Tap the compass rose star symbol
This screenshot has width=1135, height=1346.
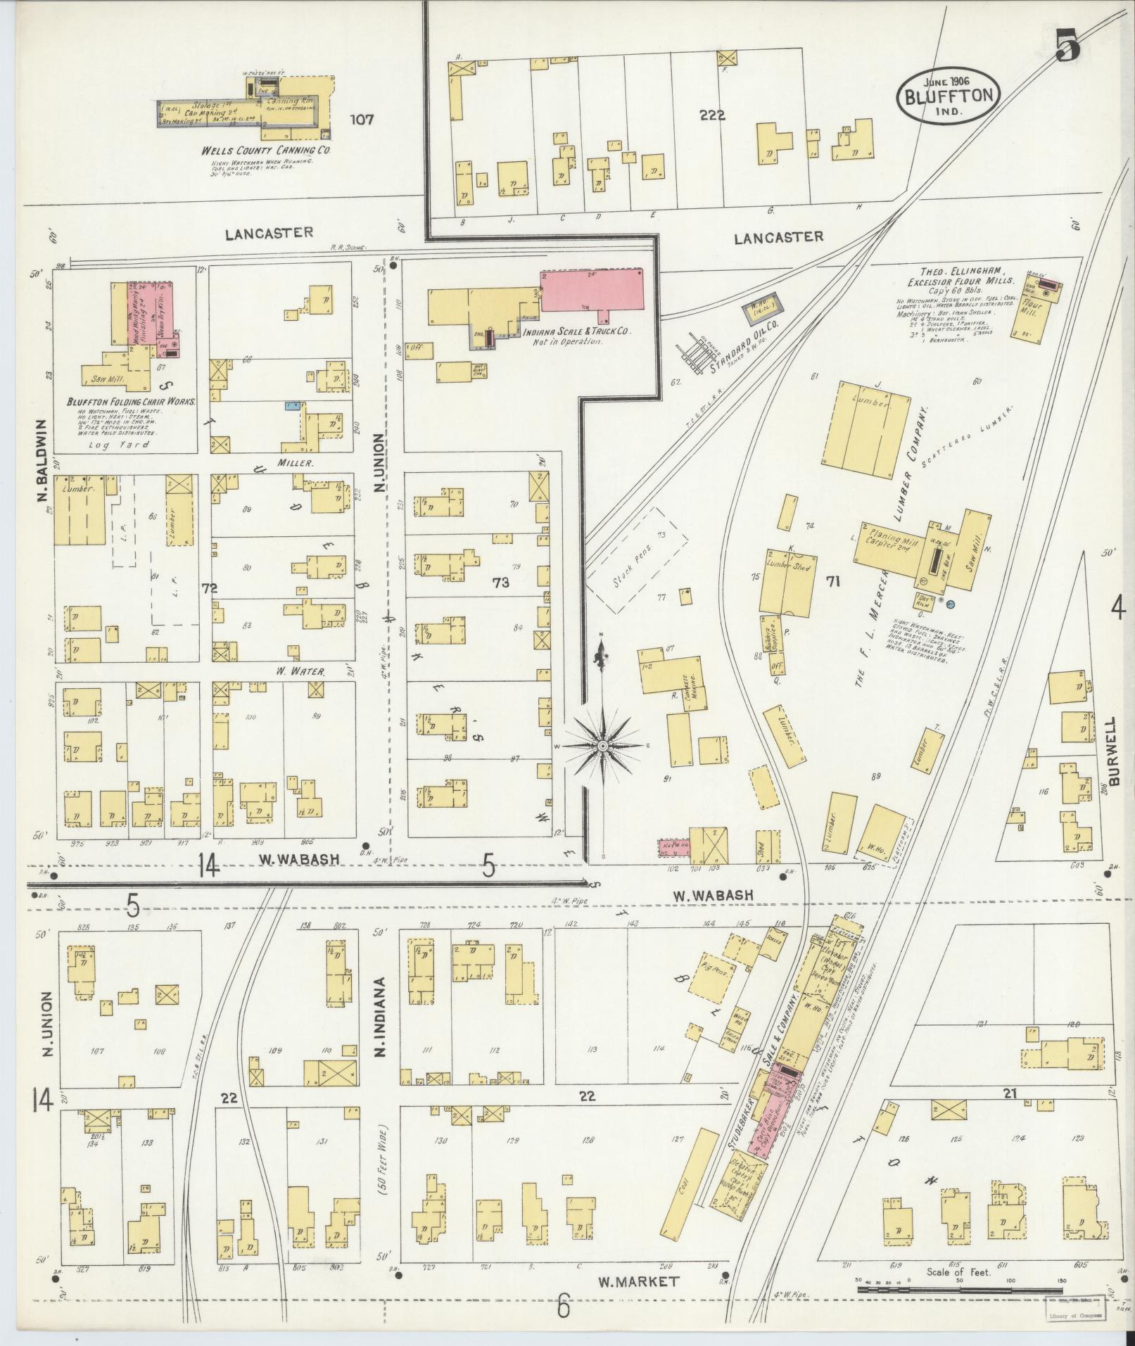[602, 745]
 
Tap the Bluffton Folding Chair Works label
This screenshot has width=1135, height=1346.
[131, 402]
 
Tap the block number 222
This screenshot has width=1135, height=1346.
[712, 116]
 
